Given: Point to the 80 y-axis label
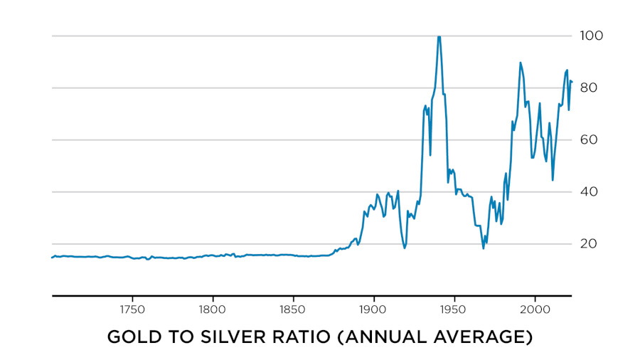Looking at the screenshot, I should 592,88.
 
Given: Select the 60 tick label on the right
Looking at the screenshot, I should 592,139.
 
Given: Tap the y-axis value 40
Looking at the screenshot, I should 592,191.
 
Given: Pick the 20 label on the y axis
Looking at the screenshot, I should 592,244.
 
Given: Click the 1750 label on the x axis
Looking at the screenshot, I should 132,310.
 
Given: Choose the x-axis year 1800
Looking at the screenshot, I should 213,310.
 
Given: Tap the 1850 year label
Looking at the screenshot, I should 293,310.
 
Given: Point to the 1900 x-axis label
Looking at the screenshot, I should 373,310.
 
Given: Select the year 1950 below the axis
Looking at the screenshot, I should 454,310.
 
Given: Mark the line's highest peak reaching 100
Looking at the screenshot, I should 439,36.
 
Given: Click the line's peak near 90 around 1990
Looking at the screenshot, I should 520,63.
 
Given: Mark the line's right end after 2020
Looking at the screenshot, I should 572,82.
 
